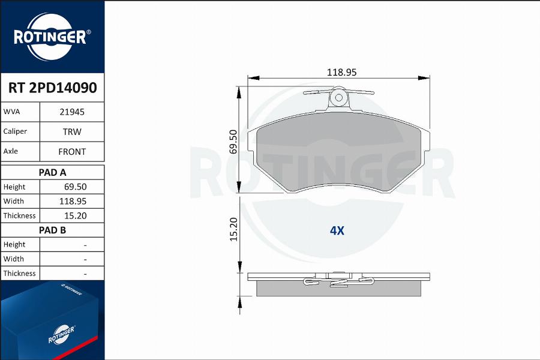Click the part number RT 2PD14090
click(52, 88)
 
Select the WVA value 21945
click(72, 112)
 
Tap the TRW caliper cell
click(72, 131)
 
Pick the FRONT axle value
click(72, 152)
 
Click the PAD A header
click(52, 172)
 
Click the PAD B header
click(52, 230)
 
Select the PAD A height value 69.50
click(76, 187)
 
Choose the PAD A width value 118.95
click(73, 201)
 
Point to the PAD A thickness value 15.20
click(76, 215)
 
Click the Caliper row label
click(15, 131)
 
